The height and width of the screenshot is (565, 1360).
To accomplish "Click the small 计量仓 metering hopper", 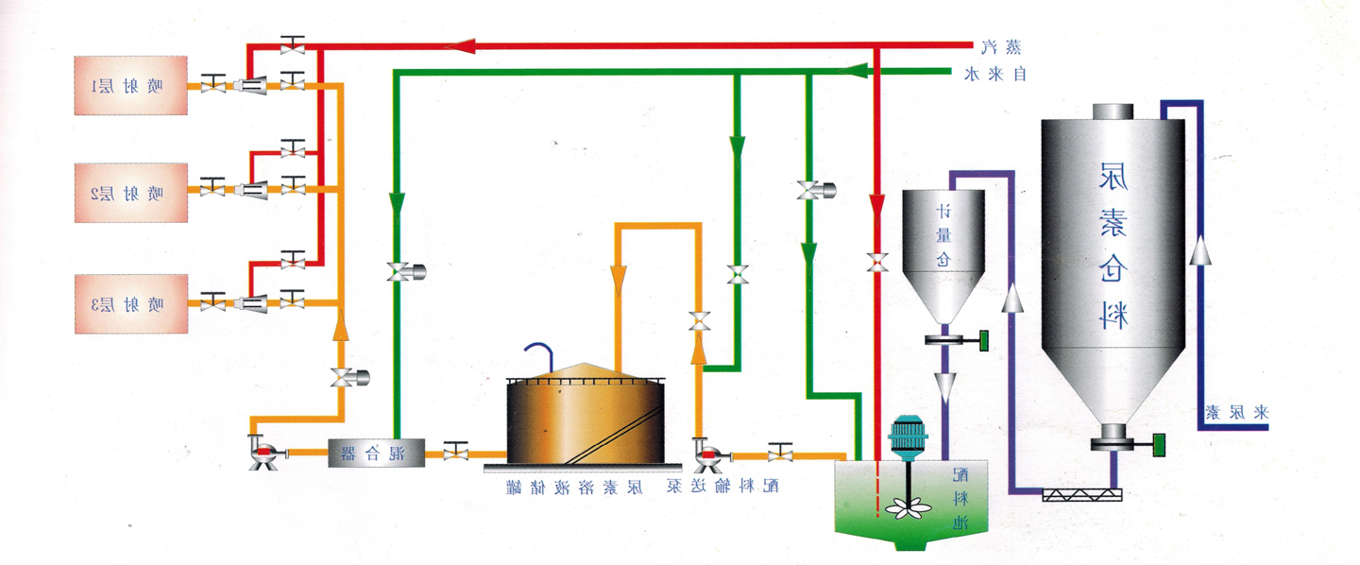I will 943,246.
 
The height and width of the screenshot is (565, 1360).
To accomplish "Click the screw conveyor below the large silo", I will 1081,494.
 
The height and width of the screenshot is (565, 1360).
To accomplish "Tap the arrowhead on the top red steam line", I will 466,44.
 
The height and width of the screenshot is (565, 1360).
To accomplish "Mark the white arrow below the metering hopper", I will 944,386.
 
